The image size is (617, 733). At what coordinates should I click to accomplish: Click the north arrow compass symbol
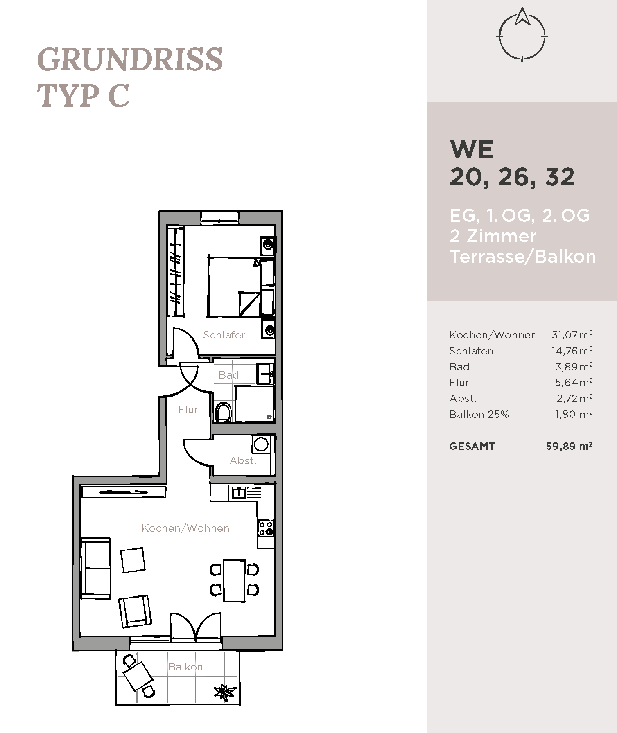tap(522, 35)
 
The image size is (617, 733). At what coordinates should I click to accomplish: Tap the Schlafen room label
tap(225, 335)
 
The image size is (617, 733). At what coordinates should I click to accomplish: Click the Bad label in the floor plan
tap(228, 375)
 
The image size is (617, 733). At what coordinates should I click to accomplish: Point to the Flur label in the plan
tap(188, 409)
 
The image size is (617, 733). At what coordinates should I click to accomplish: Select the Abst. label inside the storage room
tap(243, 460)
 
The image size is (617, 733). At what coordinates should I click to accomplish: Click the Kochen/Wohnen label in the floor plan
tap(185, 528)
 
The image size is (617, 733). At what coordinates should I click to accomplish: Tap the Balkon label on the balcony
tap(185, 667)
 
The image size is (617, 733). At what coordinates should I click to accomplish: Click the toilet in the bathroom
tap(223, 412)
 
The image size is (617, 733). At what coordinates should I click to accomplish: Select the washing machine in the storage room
tap(261, 444)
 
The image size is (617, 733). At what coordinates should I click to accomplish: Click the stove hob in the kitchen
tap(266, 528)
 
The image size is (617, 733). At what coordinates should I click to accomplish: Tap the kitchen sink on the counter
tap(239, 492)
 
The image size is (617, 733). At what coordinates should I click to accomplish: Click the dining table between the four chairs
tap(234, 581)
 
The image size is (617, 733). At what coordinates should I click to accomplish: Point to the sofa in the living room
tap(96, 568)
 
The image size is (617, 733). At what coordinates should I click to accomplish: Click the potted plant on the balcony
tap(225, 691)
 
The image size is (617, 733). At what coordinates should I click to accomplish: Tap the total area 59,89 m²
tap(569, 446)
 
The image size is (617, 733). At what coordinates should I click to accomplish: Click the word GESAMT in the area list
tap(472, 446)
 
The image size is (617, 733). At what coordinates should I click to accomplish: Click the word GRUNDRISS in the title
tap(130, 60)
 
